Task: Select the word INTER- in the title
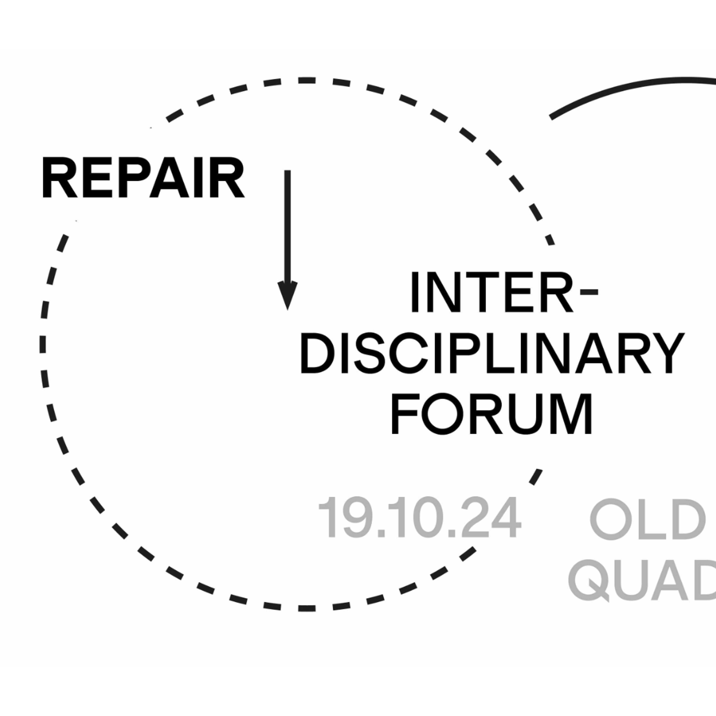pyautogui.click(x=504, y=292)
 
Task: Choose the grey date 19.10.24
pyautogui.click(x=420, y=518)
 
